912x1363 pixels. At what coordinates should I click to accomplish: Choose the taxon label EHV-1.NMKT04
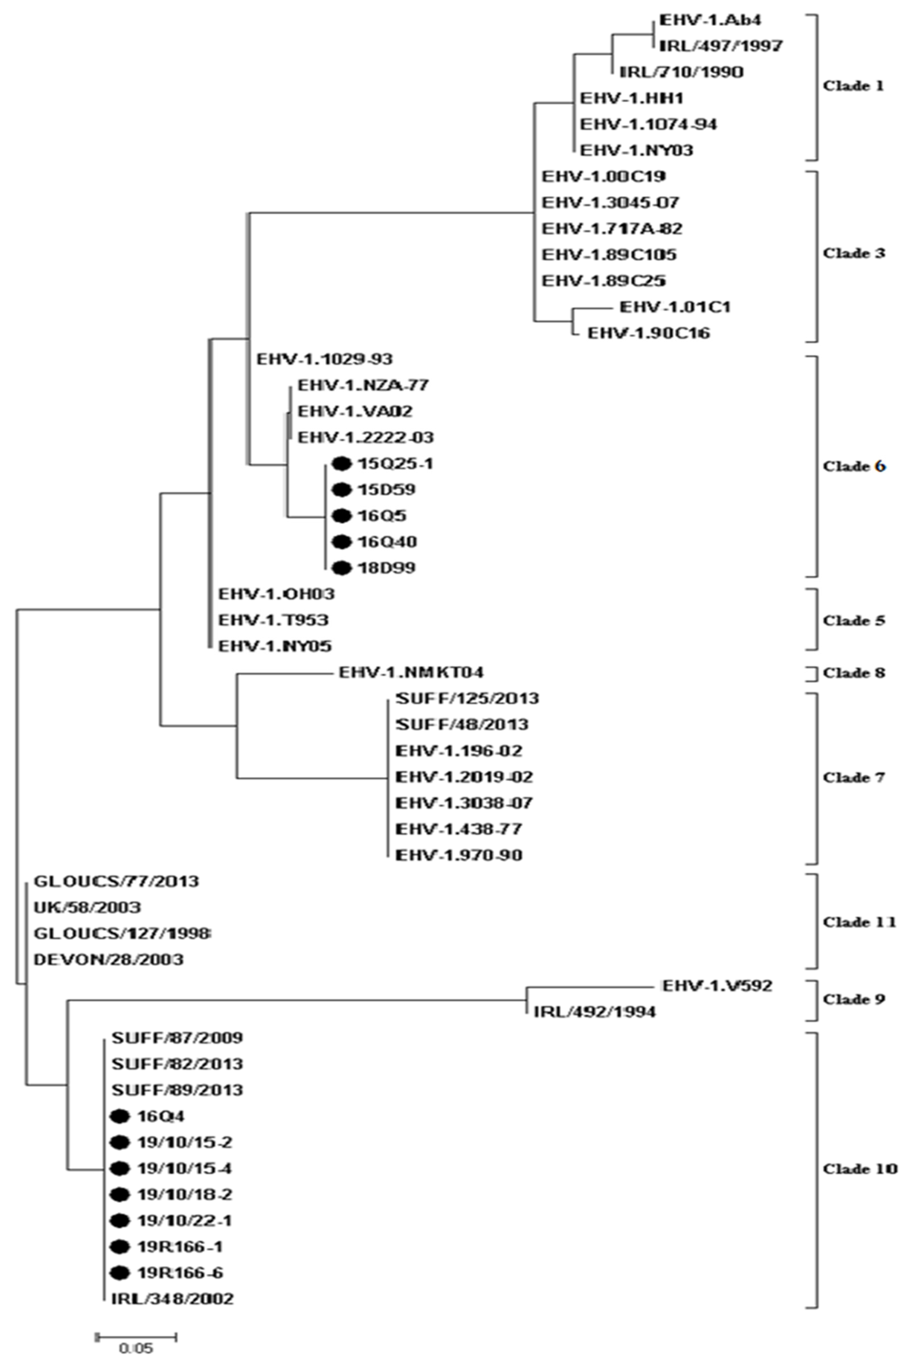click(411, 672)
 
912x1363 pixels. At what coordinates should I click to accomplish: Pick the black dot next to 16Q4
click(120, 1116)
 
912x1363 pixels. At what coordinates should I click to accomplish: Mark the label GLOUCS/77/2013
click(116, 881)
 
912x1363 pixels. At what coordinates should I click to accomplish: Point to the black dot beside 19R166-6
click(120, 1272)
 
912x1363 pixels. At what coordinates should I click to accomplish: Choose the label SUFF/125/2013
click(467, 698)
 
